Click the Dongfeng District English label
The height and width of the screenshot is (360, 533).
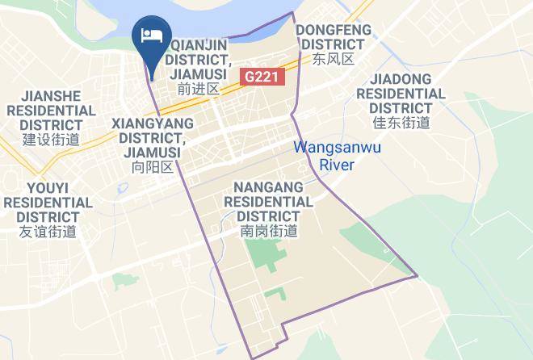click(334, 37)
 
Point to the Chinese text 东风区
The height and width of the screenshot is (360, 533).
click(334, 60)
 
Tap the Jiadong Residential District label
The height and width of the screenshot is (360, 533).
click(401, 94)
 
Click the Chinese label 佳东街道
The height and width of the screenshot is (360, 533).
click(401, 123)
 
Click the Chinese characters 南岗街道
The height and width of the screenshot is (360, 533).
click(269, 231)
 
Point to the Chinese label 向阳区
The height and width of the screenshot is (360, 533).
click(153, 166)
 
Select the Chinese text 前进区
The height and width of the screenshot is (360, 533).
click(199, 89)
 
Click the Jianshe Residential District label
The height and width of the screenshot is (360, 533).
click(52, 110)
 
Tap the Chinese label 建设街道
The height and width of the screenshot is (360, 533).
click(52, 140)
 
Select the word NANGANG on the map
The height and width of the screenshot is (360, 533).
click(269, 186)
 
